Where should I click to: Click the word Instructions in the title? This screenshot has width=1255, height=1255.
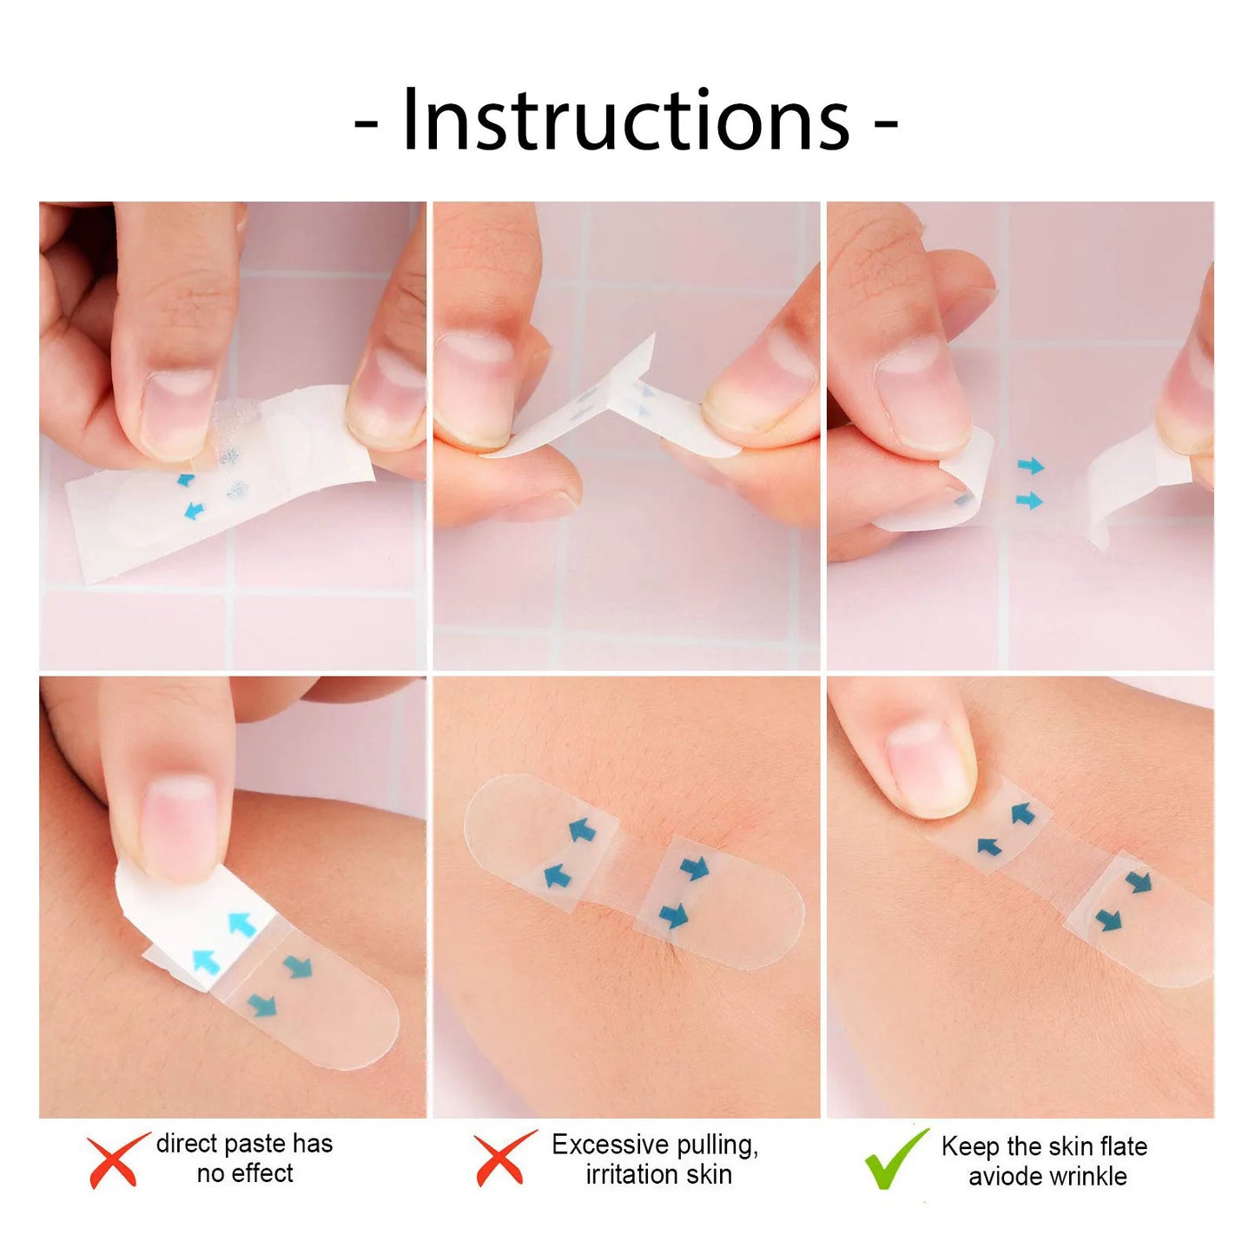(625, 122)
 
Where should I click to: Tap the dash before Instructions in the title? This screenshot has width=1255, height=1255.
(366, 124)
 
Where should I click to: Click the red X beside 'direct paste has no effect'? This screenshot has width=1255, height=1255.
(116, 1159)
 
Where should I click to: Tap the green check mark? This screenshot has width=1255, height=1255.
(895, 1159)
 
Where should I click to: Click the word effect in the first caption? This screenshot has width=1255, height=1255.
(258, 1174)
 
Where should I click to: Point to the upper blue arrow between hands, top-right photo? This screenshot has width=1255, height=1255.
(1030, 467)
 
